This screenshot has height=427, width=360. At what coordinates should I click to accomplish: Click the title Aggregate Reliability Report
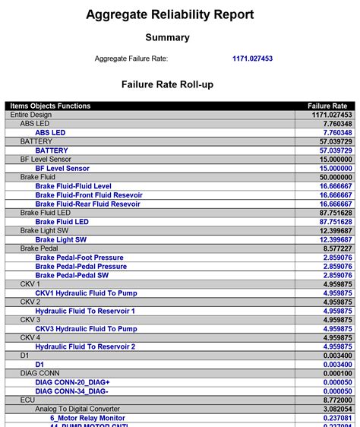click(169, 14)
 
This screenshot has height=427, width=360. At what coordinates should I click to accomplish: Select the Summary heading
click(168, 37)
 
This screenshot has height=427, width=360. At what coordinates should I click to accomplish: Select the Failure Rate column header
click(327, 106)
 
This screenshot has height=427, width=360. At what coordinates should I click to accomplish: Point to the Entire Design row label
click(32, 115)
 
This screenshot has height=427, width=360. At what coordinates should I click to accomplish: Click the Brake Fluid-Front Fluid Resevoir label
click(88, 195)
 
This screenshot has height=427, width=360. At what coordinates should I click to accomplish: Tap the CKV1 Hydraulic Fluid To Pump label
click(86, 293)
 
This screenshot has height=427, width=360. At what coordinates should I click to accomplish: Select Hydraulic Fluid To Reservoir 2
click(85, 346)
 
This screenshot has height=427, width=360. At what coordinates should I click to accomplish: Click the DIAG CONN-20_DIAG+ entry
click(72, 382)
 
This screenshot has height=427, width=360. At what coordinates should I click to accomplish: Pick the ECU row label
click(27, 400)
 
